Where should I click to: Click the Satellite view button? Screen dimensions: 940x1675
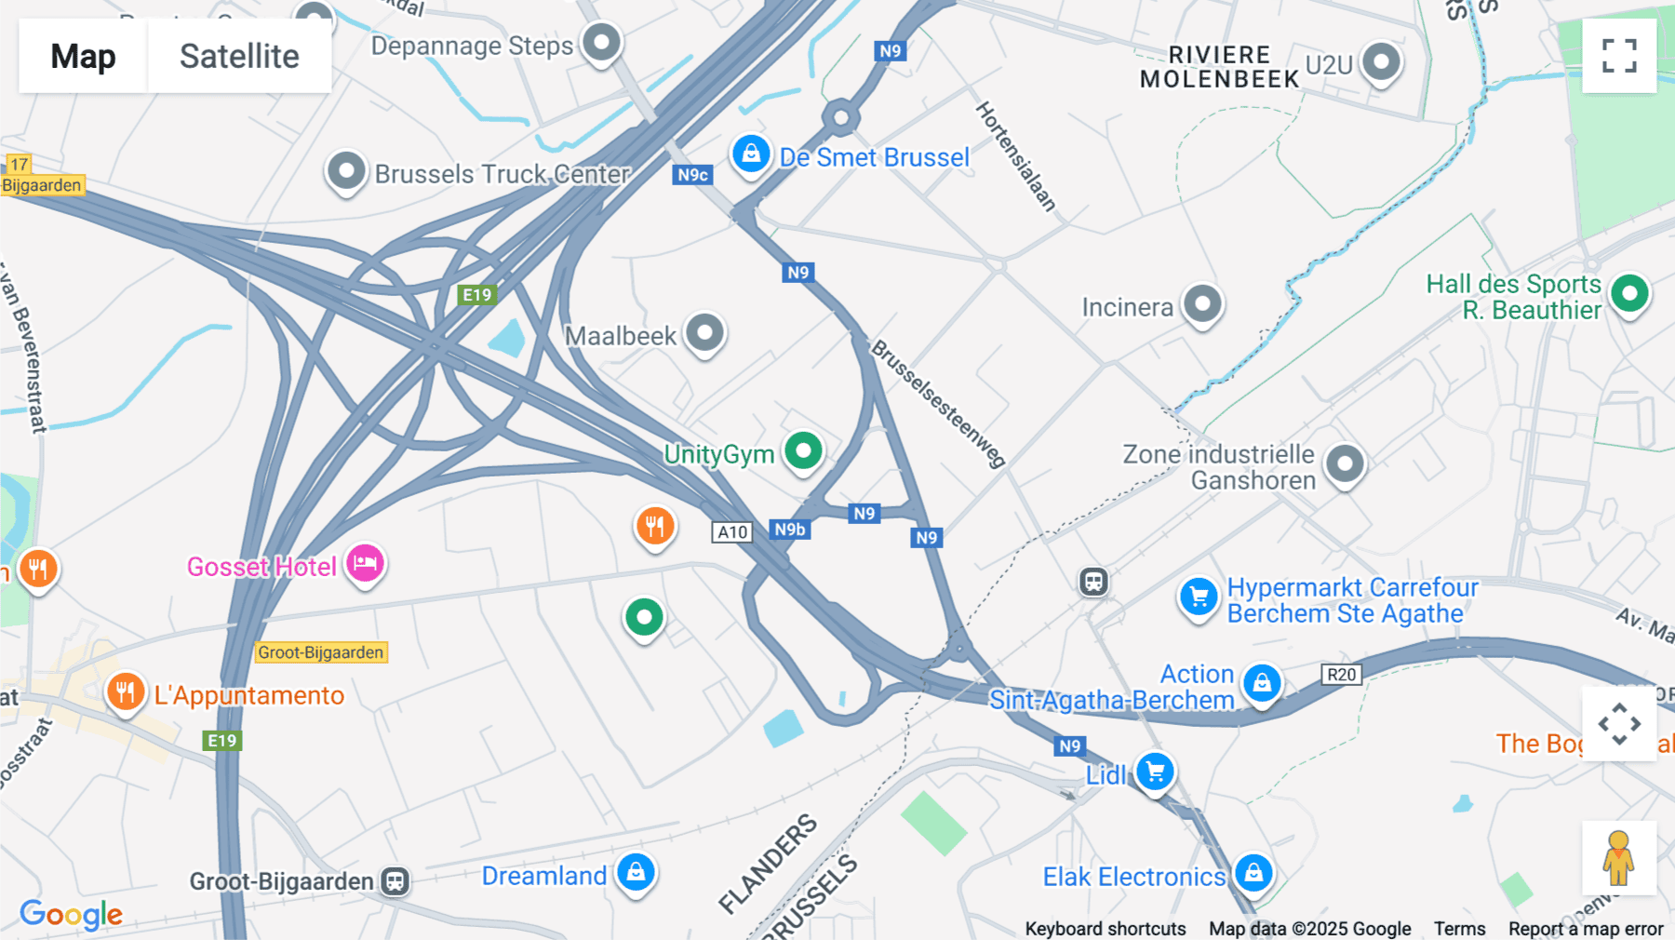[239, 56]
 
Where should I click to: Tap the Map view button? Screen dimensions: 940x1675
[83, 56]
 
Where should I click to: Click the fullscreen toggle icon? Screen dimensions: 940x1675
[1619, 56]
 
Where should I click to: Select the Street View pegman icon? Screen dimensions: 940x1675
[1619, 858]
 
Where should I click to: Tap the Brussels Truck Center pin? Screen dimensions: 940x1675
[346, 171]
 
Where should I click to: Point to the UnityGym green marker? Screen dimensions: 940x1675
[803, 451]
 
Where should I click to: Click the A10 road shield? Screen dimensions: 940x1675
[732, 532]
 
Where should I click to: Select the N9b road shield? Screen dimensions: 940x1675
[790, 530]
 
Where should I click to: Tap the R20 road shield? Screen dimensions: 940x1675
[1341, 675]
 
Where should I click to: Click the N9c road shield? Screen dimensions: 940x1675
[692, 175]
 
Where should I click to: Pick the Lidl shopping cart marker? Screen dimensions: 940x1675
[1155, 772]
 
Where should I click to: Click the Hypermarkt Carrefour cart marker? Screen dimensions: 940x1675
[1199, 598]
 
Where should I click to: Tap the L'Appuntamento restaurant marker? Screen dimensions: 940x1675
[126, 692]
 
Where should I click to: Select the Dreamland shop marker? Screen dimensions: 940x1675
[636, 872]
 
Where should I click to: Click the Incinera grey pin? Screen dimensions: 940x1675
[1202, 303]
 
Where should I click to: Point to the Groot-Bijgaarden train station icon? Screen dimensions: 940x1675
[395, 881]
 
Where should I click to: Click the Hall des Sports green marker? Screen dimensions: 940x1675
[1629, 294]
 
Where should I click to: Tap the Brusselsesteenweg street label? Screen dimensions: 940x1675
[938, 403]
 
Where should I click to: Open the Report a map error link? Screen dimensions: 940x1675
[1586, 929]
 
